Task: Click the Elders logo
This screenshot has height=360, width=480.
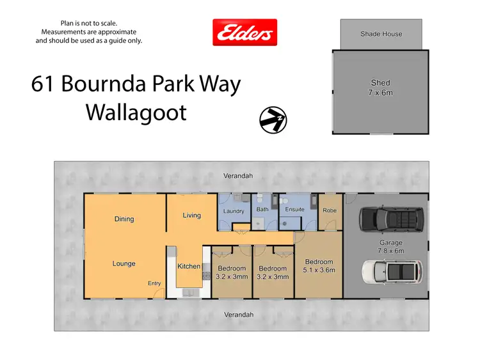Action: pos(244,32)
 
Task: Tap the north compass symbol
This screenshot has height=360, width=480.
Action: pos(273,118)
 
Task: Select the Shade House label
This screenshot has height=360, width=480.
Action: pos(381,34)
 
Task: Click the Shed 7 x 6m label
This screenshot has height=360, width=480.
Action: pos(381,88)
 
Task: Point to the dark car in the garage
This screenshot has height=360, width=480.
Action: pos(391,218)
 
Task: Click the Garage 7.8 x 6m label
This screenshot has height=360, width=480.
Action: pos(390,247)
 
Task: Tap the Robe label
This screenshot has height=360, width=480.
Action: pos(330,210)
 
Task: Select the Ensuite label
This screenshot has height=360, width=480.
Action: pos(294,210)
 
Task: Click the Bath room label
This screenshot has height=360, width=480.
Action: pos(262,209)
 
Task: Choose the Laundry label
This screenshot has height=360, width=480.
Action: pos(234,211)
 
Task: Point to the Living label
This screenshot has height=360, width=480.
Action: pos(192,215)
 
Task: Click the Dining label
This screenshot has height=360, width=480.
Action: pos(124,219)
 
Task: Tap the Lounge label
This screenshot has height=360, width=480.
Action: pos(124,263)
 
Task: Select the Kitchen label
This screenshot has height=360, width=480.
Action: pos(189,266)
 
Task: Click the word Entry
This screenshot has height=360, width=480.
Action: pos(154,283)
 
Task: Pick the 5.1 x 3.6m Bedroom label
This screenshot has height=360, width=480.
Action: pos(319,266)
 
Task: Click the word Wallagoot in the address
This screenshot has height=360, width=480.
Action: pos(136,113)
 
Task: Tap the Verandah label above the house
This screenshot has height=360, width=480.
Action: pos(238,175)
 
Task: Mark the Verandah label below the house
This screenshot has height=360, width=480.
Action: pos(239,315)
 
